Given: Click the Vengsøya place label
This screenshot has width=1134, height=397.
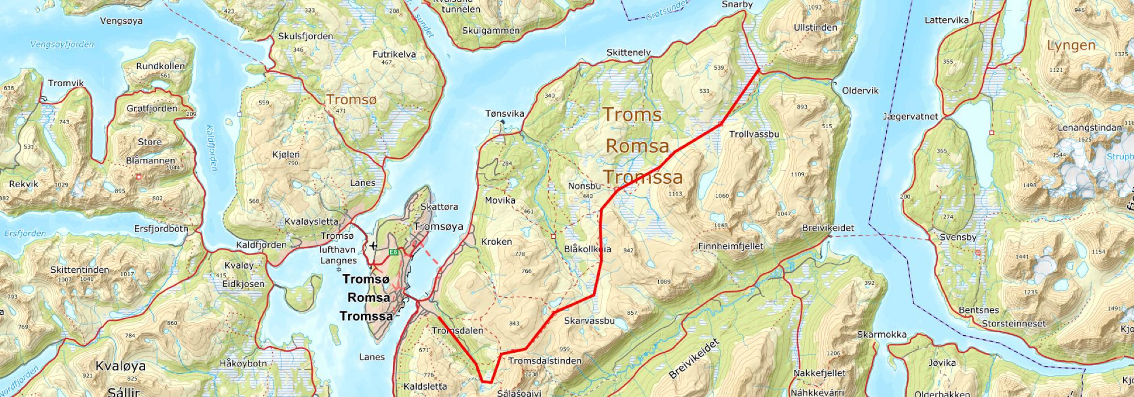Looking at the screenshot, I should click(121, 21).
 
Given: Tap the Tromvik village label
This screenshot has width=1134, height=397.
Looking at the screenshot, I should click(66, 83).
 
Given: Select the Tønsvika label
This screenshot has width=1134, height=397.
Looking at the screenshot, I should click(505, 113).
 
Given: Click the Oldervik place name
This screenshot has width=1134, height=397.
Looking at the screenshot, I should click(860, 90).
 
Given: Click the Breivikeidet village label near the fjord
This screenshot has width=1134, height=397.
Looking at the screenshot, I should click(828, 227).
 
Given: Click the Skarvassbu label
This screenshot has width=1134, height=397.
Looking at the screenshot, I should click(589, 320).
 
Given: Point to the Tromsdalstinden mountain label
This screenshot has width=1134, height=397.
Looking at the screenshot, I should click(544, 361).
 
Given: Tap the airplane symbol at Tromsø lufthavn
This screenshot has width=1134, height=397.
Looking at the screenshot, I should click(373, 246).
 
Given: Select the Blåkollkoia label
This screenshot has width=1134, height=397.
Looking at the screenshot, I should click(587, 249).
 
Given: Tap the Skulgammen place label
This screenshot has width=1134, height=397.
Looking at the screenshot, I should click(490, 31).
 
